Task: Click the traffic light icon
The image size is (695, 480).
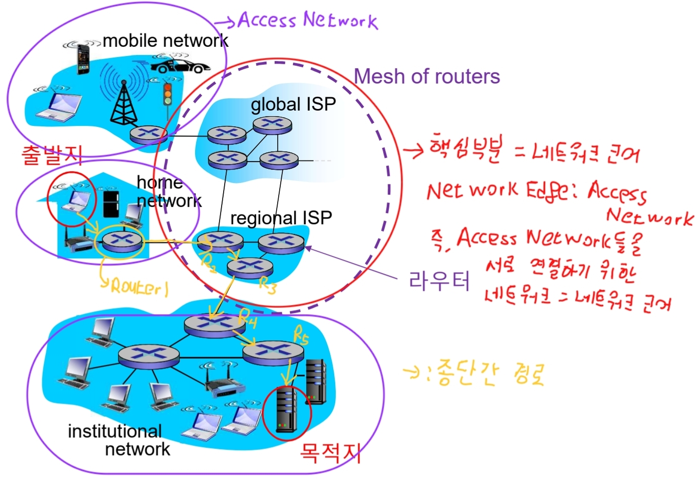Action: [x=167, y=94]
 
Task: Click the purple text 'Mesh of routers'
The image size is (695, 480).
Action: [x=426, y=76]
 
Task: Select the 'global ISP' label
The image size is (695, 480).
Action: [x=293, y=104]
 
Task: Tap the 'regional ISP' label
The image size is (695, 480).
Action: [x=281, y=218]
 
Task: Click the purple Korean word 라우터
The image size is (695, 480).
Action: [x=439, y=280]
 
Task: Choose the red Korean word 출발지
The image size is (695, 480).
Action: [x=51, y=154]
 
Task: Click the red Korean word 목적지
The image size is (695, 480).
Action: [x=330, y=452]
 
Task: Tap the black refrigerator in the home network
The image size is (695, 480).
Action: [x=111, y=203]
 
